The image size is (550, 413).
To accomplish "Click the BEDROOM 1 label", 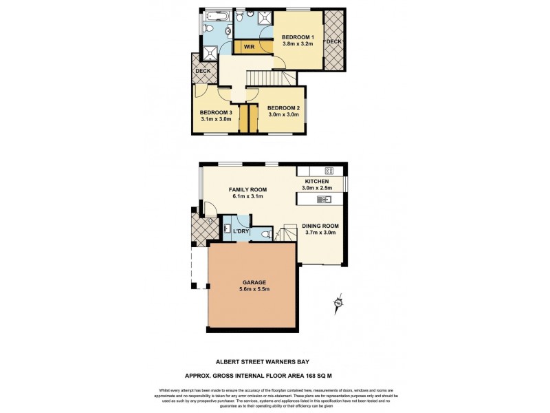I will click(298, 36).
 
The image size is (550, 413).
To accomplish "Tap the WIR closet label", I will click(245, 46).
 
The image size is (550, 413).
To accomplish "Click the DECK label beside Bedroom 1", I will click(333, 41).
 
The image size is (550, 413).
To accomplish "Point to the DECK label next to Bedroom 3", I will click(203, 71).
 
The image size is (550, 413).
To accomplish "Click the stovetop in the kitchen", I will click(329, 171).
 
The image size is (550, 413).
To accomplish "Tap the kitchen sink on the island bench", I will click(324, 200).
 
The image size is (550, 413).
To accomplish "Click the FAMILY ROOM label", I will click(248, 189).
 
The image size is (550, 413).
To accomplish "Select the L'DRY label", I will click(241, 231).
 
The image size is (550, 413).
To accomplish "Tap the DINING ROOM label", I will click(321, 225).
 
